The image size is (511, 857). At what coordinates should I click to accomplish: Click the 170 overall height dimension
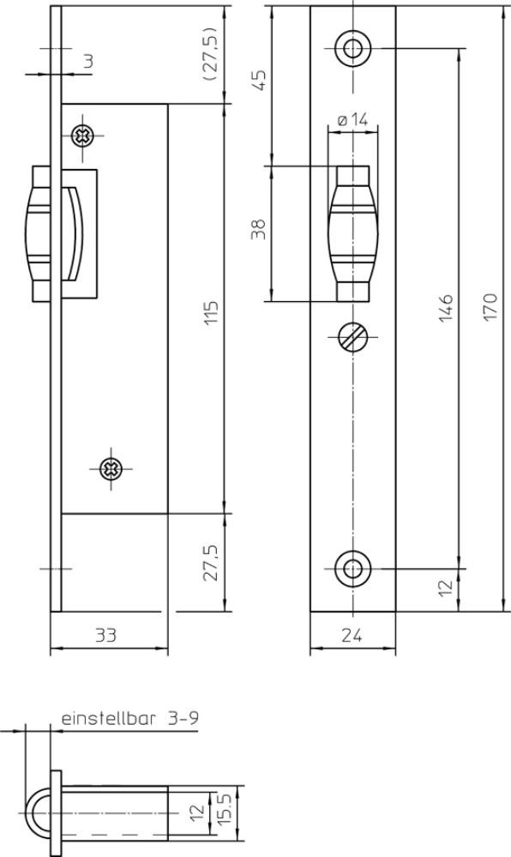(490, 306)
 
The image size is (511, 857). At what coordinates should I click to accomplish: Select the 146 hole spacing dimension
(447, 307)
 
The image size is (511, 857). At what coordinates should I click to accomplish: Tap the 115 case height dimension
(212, 311)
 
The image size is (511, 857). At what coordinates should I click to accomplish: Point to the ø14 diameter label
(352, 120)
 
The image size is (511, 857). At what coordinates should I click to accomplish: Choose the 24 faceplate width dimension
(352, 635)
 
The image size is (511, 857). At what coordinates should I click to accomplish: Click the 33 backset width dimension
(106, 635)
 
